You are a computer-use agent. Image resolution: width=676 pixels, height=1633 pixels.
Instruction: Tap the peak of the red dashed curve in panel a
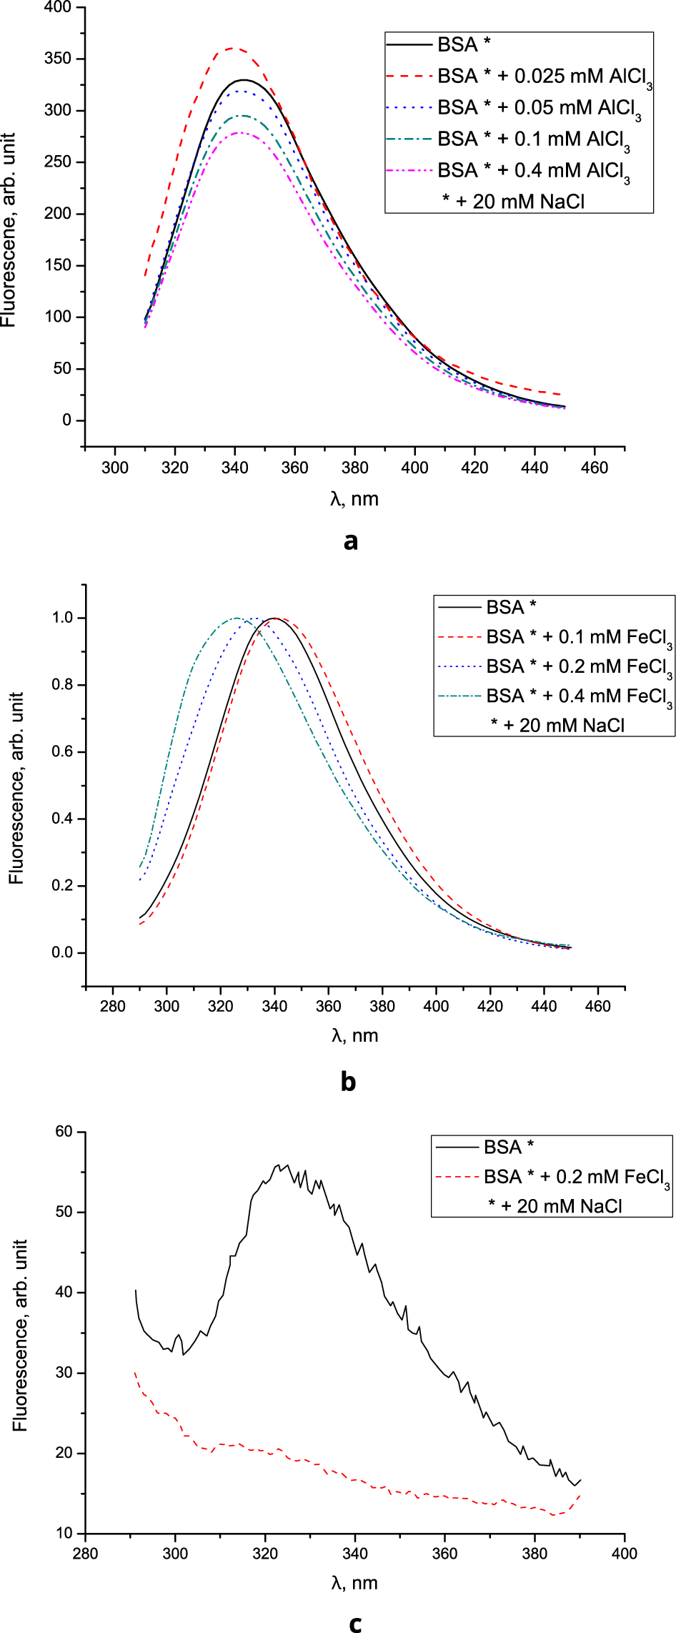233,49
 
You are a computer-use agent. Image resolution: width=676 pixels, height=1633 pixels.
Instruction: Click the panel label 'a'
350,541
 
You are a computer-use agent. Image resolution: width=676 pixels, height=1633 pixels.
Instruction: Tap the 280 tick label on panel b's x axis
113,1006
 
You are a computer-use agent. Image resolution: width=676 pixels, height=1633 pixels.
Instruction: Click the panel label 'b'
348,1082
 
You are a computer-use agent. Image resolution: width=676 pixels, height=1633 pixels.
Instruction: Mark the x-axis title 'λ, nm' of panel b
354,1035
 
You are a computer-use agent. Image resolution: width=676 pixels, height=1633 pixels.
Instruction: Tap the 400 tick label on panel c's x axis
625,1553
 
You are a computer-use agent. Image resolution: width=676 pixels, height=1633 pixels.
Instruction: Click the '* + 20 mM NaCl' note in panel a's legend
513,202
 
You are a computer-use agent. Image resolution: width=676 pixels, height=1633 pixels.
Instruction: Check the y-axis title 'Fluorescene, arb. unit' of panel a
9,230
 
